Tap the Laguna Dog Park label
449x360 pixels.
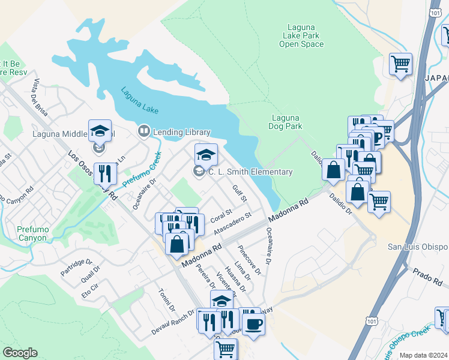tap(286, 122)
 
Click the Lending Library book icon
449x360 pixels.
tap(143, 131)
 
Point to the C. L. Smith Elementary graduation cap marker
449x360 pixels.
tap(206, 155)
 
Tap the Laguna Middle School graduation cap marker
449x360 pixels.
tap(100, 131)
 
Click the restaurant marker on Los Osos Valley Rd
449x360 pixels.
tap(106, 173)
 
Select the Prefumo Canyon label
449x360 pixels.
tap(23, 233)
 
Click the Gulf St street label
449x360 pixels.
tap(240, 193)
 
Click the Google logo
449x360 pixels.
tap(20, 353)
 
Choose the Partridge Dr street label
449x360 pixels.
tap(76, 268)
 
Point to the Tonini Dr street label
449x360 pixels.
tap(166, 300)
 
